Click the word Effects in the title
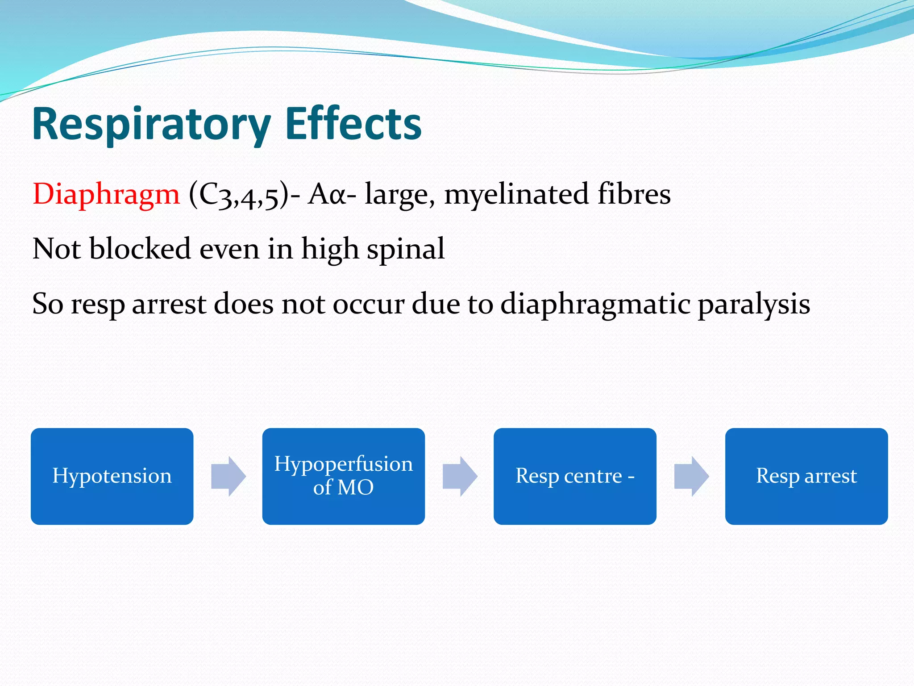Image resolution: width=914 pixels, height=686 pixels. pos(353,124)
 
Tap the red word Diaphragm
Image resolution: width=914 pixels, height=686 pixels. pos(106,194)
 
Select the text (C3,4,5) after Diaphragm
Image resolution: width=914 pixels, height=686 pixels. pos(239,195)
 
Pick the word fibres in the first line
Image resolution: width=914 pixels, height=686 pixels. pos(634,194)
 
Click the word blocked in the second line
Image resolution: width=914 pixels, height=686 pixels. pos(140,249)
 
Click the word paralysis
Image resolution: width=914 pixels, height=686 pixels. pos(754,305)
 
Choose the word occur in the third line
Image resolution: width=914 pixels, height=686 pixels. pos(368,305)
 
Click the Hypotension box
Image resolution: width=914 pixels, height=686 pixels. pos(112,476)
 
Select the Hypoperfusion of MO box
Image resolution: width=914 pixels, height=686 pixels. pos(343,476)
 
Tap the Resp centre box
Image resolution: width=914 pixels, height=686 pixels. pos(575,476)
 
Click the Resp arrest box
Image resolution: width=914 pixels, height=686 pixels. pos(806,476)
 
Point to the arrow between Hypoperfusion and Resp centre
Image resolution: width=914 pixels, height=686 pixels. pos(460,476)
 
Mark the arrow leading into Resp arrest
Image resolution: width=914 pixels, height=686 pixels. pos(691,476)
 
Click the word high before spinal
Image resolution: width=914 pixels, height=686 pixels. pos(330,250)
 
